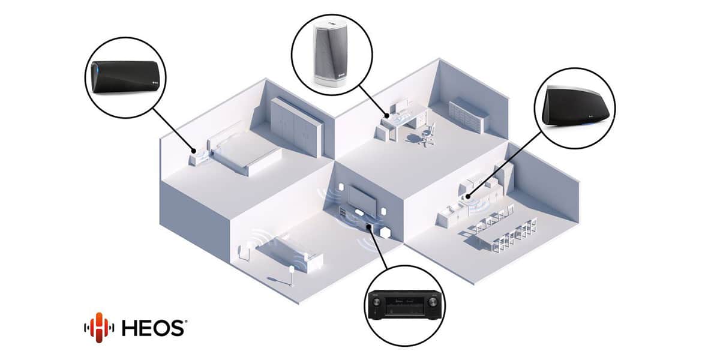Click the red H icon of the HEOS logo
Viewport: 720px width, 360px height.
pos(100,327)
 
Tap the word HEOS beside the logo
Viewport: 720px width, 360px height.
pos(153,328)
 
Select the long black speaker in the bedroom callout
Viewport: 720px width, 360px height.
pos(125,77)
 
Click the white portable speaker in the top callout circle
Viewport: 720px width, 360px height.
pos(330,54)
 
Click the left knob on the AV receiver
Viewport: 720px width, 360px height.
pos(376,302)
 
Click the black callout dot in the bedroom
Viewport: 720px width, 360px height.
pos(193,151)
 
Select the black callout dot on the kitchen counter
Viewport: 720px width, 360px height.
pos(467,196)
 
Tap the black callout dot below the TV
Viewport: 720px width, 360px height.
pos(368,227)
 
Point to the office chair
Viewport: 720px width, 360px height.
pos(427,134)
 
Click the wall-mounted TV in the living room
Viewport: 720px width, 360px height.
pos(362,199)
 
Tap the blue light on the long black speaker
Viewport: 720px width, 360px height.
pos(95,69)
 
